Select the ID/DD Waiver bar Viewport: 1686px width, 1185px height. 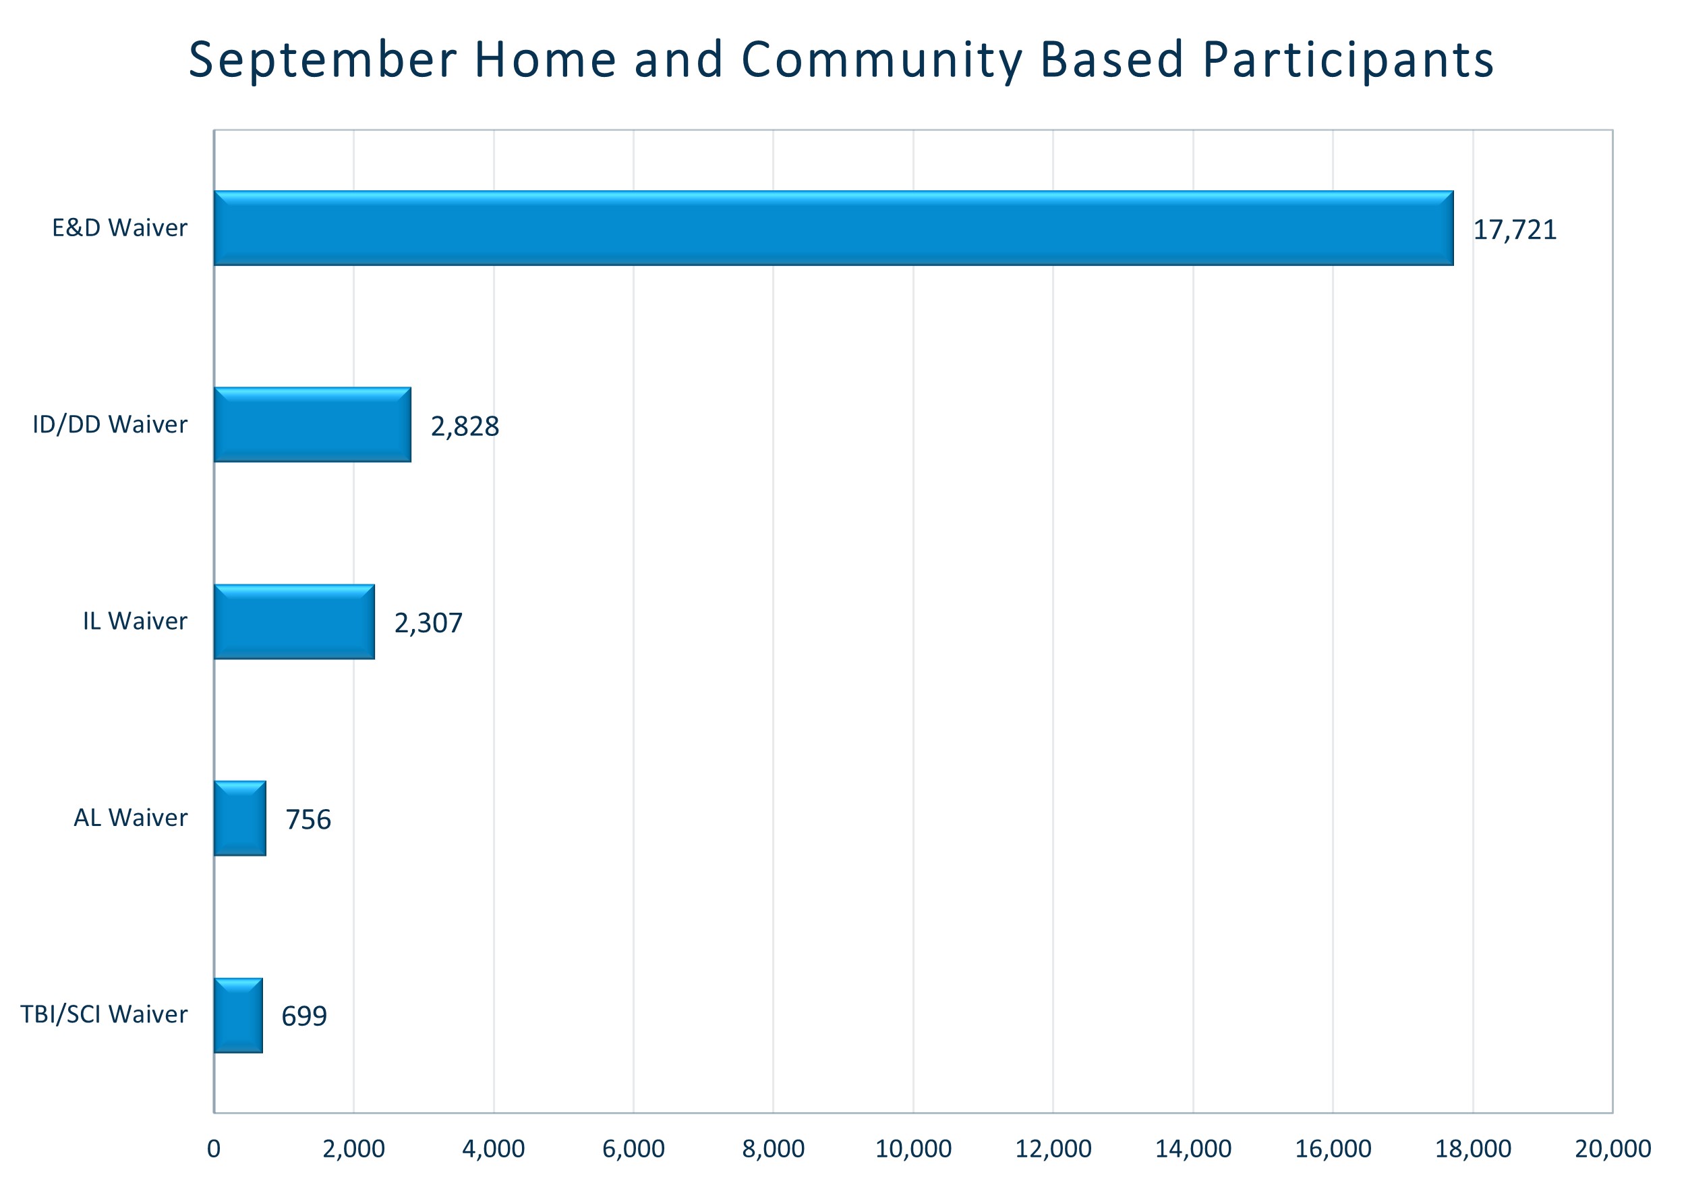click(x=312, y=424)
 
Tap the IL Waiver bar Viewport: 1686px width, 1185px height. click(x=294, y=622)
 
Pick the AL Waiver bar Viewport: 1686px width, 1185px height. click(x=239, y=819)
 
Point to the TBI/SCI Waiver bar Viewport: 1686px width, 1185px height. click(x=238, y=1016)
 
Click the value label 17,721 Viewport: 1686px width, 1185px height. click(x=1515, y=230)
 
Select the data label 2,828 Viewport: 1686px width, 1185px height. click(x=465, y=426)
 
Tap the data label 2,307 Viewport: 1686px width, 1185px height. click(x=428, y=623)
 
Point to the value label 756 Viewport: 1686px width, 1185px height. click(x=308, y=820)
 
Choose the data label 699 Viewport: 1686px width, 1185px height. click(x=304, y=1016)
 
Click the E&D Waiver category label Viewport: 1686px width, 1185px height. click(x=119, y=227)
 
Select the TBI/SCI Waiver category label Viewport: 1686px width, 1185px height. click(x=104, y=1014)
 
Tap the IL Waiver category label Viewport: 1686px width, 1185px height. click(x=134, y=622)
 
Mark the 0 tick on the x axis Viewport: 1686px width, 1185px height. click(x=214, y=1149)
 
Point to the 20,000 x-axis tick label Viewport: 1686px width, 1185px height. click(x=1612, y=1149)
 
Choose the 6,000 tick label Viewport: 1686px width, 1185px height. click(x=633, y=1149)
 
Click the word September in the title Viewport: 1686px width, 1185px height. click(x=323, y=60)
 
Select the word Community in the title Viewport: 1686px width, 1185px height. click(x=881, y=60)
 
